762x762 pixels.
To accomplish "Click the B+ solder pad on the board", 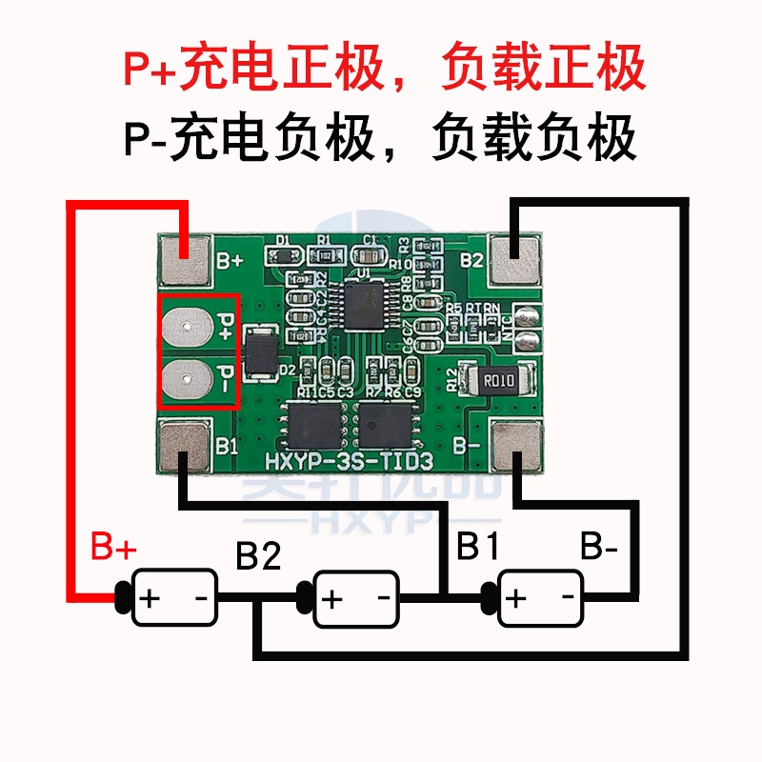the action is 185,260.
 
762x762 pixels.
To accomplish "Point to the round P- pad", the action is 183,379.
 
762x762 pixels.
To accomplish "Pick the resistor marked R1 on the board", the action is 325,255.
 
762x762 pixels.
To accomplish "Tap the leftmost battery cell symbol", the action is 173,597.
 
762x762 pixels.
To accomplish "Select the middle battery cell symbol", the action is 354,597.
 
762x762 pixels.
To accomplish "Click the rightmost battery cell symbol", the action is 539,597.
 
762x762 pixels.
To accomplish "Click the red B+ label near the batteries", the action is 113,549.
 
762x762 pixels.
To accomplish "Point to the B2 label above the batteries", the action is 258,555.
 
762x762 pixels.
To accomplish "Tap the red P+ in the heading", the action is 151,69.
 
